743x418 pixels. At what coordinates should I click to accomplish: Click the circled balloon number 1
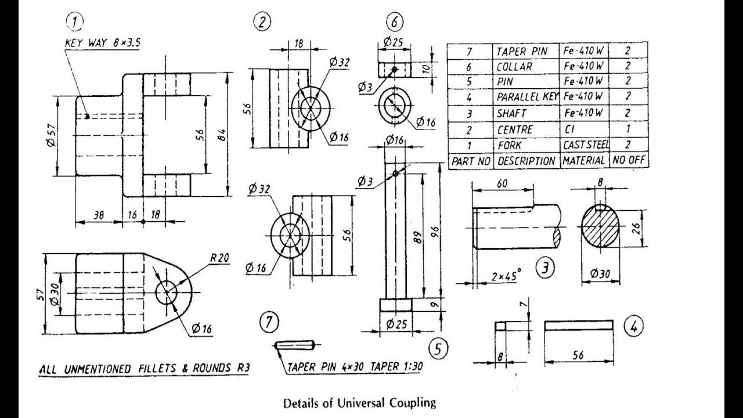[75, 21]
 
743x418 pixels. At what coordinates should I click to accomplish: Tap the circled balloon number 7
[269, 323]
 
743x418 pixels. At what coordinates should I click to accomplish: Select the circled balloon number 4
[633, 326]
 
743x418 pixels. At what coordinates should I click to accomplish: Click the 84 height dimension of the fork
[221, 135]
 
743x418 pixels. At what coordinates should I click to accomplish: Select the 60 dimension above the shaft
[502, 184]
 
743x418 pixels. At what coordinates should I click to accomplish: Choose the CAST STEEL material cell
[584, 145]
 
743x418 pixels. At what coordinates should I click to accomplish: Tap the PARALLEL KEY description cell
[526, 96]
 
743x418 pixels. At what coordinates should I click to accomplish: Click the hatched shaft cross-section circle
[600, 228]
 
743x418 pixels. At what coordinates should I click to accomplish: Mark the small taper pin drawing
[295, 345]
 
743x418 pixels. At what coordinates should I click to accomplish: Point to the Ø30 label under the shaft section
[600, 273]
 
